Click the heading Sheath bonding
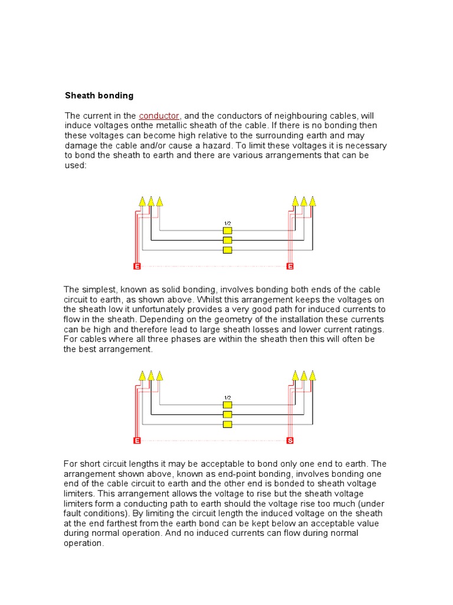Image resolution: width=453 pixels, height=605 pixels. (x=99, y=95)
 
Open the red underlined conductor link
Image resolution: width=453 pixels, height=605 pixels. (x=159, y=116)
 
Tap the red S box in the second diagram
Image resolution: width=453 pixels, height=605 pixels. (x=290, y=441)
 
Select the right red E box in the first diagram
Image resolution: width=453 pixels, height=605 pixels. (x=290, y=266)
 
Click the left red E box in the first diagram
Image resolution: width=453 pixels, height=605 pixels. (x=137, y=266)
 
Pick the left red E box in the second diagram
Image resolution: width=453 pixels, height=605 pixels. (x=137, y=441)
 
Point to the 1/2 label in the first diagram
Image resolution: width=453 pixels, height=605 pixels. (x=227, y=223)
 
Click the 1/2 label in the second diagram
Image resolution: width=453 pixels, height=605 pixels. (x=227, y=398)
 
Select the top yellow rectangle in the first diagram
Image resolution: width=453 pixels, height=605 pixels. (x=227, y=230)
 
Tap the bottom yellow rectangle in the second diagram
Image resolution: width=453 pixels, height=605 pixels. (x=227, y=424)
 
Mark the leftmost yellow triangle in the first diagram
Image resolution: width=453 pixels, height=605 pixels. (x=142, y=201)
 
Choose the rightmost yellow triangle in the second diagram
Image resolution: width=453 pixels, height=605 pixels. (x=313, y=376)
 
